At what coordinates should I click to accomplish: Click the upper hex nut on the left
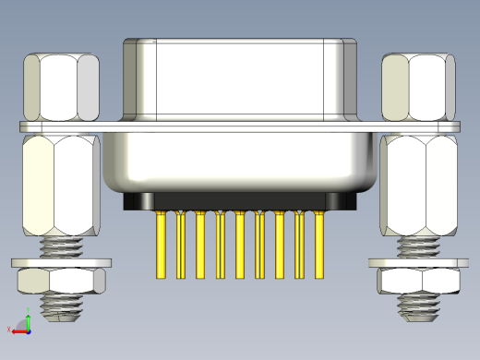click(61, 87)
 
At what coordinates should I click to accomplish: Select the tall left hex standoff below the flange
click(60, 185)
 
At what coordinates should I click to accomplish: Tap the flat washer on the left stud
click(61, 263)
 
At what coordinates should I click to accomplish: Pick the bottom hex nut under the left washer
click(61, 281)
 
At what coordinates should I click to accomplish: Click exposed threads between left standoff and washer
click(61, 246)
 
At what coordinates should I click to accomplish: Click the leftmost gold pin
click(162, 245)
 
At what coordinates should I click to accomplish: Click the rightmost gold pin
click(319, 245)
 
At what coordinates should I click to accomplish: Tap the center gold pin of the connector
click(240, 245)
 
